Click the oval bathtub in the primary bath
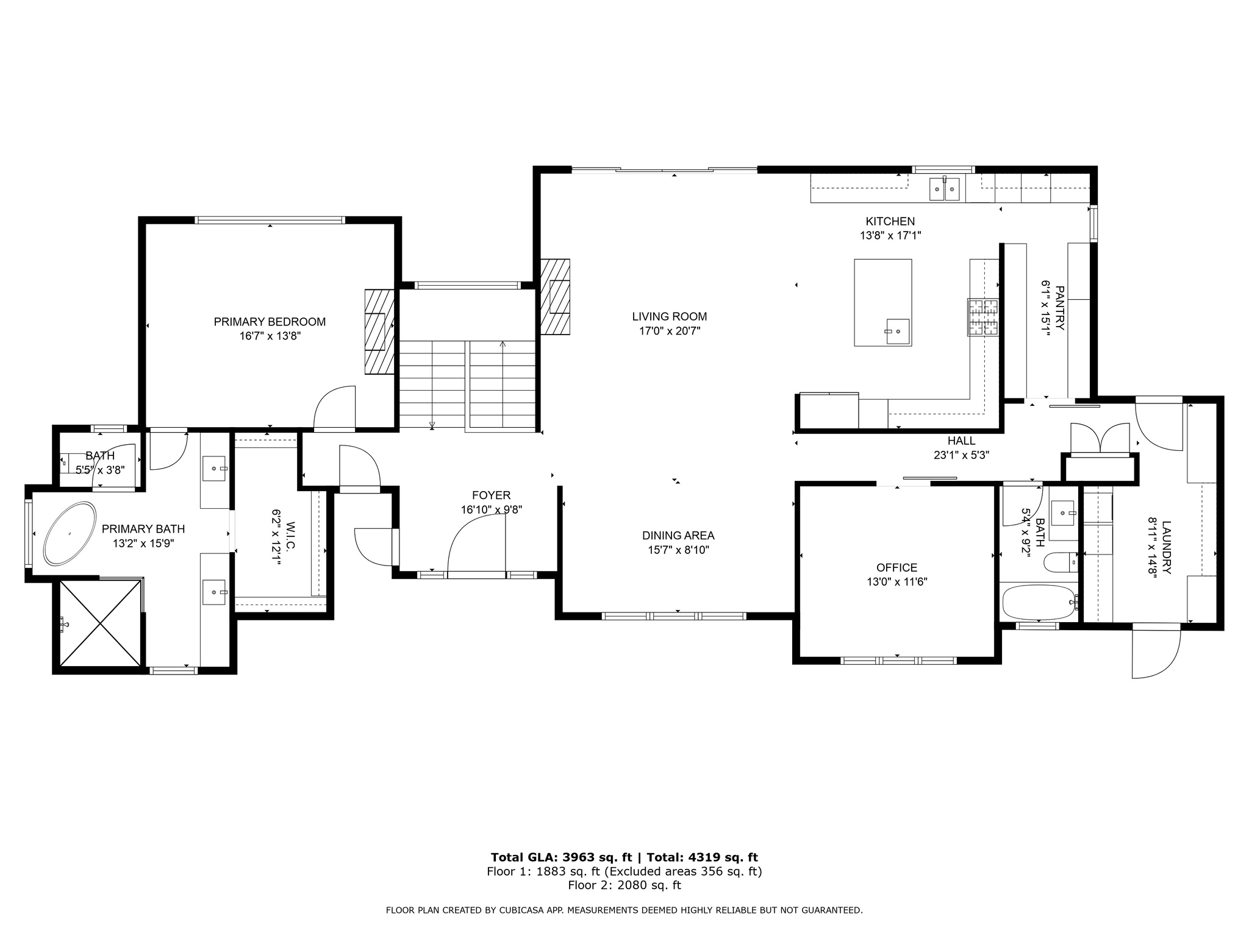(x=70, y=534)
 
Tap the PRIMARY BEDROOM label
(x=270, y=322)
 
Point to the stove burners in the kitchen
(x=982, y=317)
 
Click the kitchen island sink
(x=897, y=331)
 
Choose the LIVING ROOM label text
(x=669, y=316)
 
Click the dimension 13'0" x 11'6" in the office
(x=896, y=582)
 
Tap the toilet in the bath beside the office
(x=1060, y=562)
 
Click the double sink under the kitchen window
(x=944, y=190)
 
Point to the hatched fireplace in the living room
(x=555, y=297)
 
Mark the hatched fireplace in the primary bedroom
(x=379, y=331)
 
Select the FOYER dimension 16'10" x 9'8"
(x=491, y=510)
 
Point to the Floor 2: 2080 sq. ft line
(x=624, y=885)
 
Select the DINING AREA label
(x=678, y=536)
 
